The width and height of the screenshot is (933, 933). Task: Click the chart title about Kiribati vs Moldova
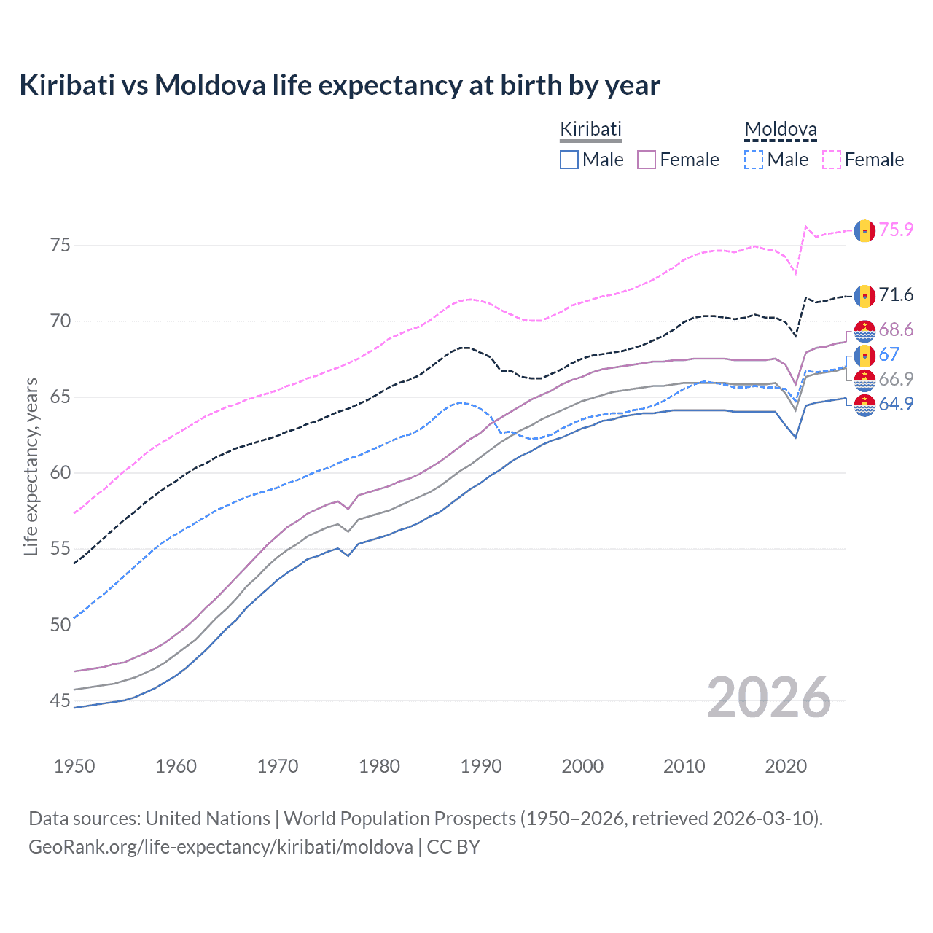pyautogui.click(x=340, y=85)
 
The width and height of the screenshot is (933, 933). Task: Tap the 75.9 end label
pyautogui.click(x=896, y=230)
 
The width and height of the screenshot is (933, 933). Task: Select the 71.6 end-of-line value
pyautogui.click(x=896, y=295)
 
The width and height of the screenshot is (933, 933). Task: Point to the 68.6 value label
pyautogui.click(x=896, y=330)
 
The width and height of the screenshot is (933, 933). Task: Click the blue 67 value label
pyautogui.click(x=889, y=355)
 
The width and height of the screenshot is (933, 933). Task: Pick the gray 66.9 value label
pyautogui.click(x=896, y=379)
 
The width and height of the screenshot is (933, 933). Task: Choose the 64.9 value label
pyautogui.click(x=896, y=404)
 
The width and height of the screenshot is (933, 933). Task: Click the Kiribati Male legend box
pyautogui.click(x=569, y=160)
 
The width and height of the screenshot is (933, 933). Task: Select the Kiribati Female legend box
pyautogui.click(x=647, y=160)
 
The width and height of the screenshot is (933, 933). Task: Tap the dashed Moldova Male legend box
pyautogui.click(x=754, y=160)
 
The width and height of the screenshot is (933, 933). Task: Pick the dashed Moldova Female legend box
pyautogui.click(x=832, y=160)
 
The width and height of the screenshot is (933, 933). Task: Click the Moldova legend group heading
pyautogui.click(x=780, y=130)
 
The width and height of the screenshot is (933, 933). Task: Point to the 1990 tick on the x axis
pyautogui.click(x=481, y=766)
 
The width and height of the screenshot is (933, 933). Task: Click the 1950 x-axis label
pyautogui.click(x=74, y=766)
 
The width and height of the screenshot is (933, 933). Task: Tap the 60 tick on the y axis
pyautogui.click(x=60, y=473)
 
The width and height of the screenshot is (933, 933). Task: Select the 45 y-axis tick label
pyautogui.click(x=60, y=701)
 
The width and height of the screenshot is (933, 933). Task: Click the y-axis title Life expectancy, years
pyautogui.click(x=31, y=466)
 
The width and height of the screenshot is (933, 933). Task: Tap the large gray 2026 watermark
pyautogui.click(x=769, y=698)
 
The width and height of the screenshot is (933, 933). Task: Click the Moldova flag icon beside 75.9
pyautogui.click(x=864, y=230)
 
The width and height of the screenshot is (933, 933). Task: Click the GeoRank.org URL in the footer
pyautogui.click(x=221, y=847)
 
